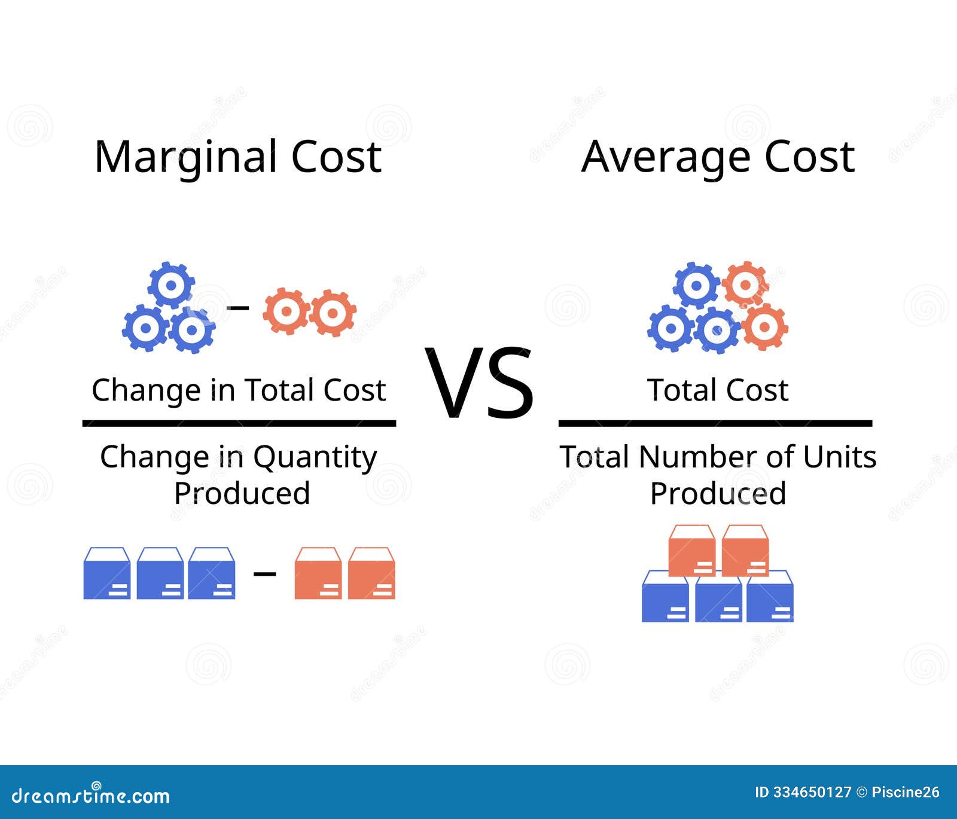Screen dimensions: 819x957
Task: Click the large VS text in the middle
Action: click(x=479, y=383)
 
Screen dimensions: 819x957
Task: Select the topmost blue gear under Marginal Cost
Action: click(x=171, y=285)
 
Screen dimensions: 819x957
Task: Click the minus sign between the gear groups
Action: click(x=239, y=307)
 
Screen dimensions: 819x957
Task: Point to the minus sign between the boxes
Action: click(x=264, y=574)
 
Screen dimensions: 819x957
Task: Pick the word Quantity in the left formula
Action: click(x=315, y=458)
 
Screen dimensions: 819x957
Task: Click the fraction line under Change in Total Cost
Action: click(x=239, y=423)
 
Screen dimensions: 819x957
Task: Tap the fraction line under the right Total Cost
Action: click(x=715, y=423)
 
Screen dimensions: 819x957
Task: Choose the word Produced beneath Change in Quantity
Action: click(x=242, y=494)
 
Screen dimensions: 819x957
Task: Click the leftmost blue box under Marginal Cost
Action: click(x=107, y=574)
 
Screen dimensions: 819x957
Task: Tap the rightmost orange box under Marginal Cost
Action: click(x=371, y=574)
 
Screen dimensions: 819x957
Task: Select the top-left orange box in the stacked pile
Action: click(x=691, y=550)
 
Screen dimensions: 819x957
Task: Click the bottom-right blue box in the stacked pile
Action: click(x=770, y=597)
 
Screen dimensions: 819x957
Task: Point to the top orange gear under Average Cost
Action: click(x=745, y=284)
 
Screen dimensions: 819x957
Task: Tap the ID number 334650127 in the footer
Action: click(x=811, y=793)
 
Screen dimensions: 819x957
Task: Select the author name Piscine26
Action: click(x=906, y=793)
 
